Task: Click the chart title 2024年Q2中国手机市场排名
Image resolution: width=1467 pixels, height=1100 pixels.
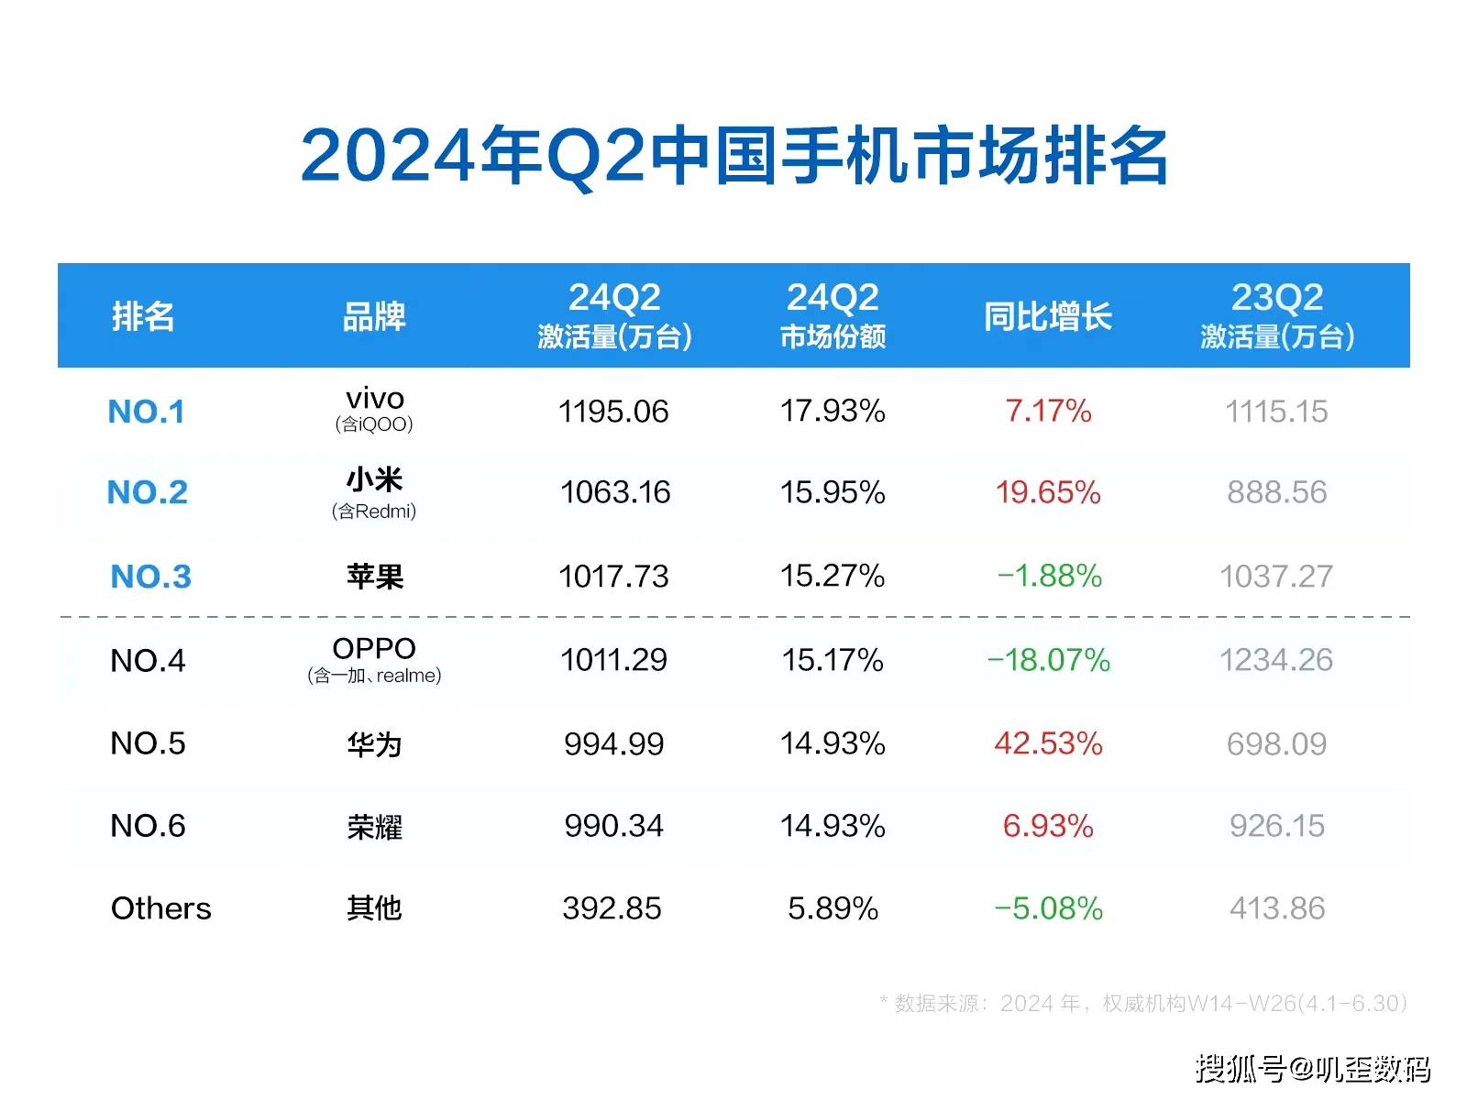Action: pos(733,156)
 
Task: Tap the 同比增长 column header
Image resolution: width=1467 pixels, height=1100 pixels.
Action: pos(1048,317)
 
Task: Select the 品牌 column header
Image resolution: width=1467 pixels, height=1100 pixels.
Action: pos(374,317)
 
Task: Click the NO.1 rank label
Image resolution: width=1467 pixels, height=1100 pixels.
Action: pos(147,412)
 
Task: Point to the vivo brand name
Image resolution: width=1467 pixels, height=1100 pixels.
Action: pos(375,399)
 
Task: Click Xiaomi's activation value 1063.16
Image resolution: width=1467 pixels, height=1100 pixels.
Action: pos(615,492)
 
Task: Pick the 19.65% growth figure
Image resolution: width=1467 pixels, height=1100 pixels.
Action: pos(1048,492)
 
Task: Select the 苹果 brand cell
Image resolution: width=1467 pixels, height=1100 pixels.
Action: pos(375,577)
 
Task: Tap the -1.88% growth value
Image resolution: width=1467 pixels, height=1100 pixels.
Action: pos(1049,576)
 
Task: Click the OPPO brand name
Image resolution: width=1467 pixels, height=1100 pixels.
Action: pos(374,648)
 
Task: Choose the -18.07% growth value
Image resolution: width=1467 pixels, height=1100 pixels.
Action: pos(1048,660)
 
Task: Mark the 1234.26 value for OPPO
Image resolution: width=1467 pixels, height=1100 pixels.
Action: pos(1276,660)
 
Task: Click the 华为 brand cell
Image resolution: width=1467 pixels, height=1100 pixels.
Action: pos(375,744)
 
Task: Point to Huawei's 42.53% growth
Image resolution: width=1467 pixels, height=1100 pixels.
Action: pos(1048,743)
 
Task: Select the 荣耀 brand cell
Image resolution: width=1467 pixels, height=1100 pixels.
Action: pos(375,827)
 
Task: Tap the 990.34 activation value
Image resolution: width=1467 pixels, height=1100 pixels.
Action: pos(613,826)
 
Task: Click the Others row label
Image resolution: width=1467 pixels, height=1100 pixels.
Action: pos(161,908)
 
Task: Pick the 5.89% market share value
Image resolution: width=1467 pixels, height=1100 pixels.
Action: pos(833,908)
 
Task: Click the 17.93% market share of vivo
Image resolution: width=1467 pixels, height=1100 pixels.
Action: pos(833,411)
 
